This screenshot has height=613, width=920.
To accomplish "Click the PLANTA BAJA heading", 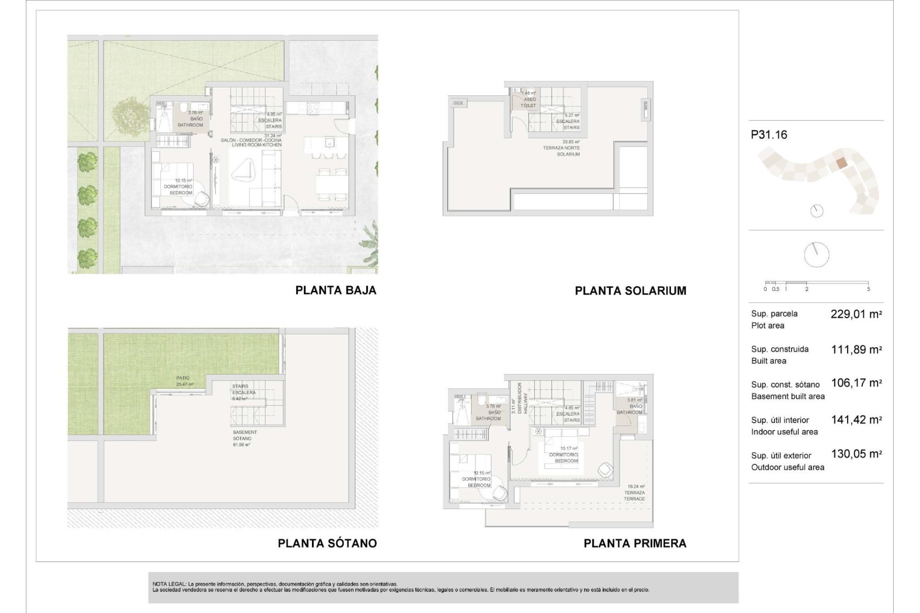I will click(x=335, y=290).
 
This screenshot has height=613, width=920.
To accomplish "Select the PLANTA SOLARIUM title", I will click(x=630, y=291).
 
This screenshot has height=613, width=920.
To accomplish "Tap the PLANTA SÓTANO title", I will click(x=327, y=543).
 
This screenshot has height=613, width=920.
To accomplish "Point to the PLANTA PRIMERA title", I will click(x=634, y=543).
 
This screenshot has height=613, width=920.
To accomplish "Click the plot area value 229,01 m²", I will click(x=856, y=314).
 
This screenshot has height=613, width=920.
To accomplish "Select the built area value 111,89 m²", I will click(x=856, y=350).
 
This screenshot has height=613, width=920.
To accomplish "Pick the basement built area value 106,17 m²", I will click(x=856, y=383).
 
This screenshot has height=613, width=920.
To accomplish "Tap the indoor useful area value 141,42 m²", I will click(x=856, y=420).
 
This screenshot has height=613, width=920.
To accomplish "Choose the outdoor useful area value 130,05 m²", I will click(x=856, y=454).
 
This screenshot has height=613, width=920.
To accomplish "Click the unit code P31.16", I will click(x=769, y=135).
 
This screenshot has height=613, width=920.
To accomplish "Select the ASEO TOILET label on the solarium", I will click(x=529, y=102).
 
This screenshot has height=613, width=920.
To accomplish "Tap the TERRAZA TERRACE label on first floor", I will click(x=634, y=495).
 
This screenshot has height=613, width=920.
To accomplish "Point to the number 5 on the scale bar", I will click(x=868, y=289).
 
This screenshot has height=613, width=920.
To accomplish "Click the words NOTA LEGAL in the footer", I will click(x=169, y=584).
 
